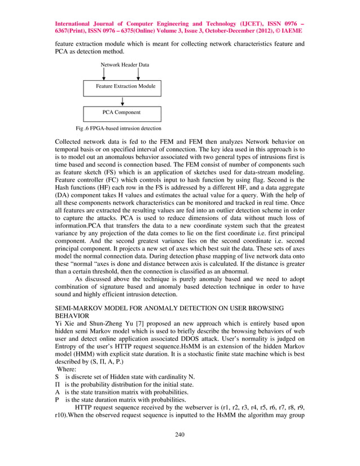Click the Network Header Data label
click(x=125, y=65)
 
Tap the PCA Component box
click(x=122, y=113)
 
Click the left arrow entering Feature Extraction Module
click(x=103, y=74)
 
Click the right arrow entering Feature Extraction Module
click(x=139, y=74)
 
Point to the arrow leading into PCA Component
click(x=122, y=101)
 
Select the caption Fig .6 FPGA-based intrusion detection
click(x=115, y=129)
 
